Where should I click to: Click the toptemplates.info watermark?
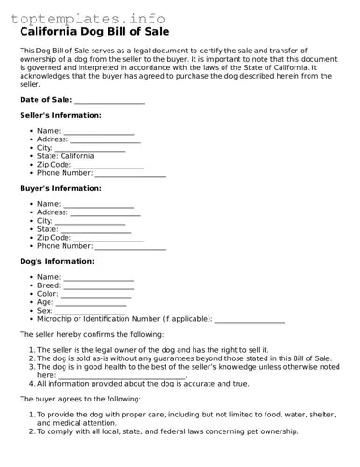click(88, 19)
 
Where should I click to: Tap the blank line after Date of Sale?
click(109, 100)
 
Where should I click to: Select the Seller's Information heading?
click(61, 115)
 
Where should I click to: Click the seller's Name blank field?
click(98, 131)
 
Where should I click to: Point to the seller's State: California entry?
click(65, 156)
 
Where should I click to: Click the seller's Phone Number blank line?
click(130, 173)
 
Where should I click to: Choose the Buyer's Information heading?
click(61, 188)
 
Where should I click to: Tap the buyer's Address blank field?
click(106, 212)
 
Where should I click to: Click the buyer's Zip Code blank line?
click(108, 238)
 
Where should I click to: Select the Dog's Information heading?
click(57, 261)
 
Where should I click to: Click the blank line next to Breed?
click(99, 285)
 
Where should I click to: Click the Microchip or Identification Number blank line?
click(250, 319)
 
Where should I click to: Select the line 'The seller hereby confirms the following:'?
click(92, 334)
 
